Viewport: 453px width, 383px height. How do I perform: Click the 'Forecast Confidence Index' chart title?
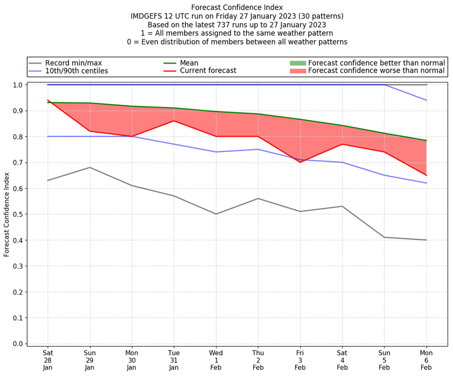[x=237, y=7]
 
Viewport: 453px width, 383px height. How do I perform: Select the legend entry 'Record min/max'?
[x=73, y=62]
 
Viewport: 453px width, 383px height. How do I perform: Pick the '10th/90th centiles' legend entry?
[x=76, y=71]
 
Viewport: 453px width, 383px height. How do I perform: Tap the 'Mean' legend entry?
[x=189, y=62]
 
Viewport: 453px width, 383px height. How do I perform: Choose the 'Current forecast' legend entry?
[x=208, y=71]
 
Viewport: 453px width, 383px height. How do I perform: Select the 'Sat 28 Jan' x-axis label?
[x=48, y=360]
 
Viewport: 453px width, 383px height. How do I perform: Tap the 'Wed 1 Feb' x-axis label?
[x=216, y=360]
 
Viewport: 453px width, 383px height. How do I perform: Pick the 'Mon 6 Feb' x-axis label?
[x=426, y=360]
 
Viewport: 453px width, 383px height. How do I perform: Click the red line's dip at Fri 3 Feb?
[x=300, y=162]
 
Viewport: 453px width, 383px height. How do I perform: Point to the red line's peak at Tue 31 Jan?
[x=174, y=121]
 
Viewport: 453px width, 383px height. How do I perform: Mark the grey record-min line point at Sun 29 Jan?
[x=89, y=167]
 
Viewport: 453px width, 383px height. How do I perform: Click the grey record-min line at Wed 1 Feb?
[x=216, y=214]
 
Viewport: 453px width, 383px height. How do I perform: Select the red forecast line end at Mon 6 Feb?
[x=426, y=175]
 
